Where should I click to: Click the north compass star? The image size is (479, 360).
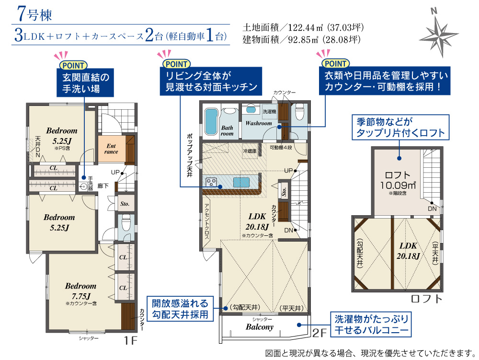439,34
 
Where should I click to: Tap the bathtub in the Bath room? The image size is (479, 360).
211,121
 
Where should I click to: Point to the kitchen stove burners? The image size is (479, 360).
211,183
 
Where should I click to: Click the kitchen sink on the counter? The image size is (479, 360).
241,183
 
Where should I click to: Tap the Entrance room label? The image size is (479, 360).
111,149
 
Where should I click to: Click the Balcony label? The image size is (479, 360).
259,327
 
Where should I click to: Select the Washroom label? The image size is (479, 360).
259,123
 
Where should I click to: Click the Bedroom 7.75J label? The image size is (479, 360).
80,291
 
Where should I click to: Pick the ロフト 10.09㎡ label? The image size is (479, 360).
398,180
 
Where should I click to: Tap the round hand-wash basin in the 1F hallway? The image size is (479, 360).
83,186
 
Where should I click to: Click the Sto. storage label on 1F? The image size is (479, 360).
125,204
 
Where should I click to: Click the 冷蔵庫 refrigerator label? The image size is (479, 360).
250,151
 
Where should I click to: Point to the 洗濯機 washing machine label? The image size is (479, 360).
269,112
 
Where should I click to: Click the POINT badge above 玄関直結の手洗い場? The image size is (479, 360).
73,65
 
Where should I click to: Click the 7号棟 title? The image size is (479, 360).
34,14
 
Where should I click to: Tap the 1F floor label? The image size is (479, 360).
131,340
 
